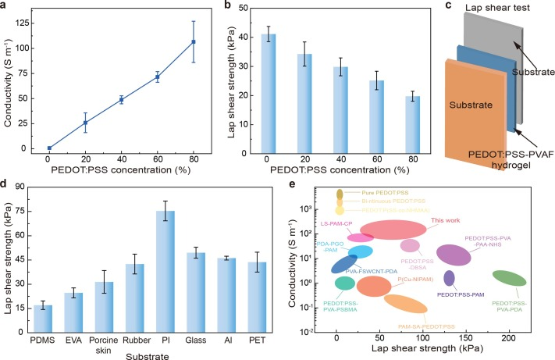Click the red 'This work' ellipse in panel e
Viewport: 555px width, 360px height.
pyautogui.click(x=393, y=230)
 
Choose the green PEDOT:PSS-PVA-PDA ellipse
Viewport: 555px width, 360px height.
pyautogui.click(x=509, y=278)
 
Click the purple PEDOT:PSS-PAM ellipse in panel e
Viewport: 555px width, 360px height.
pyautogui.click(x=449, y=278)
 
